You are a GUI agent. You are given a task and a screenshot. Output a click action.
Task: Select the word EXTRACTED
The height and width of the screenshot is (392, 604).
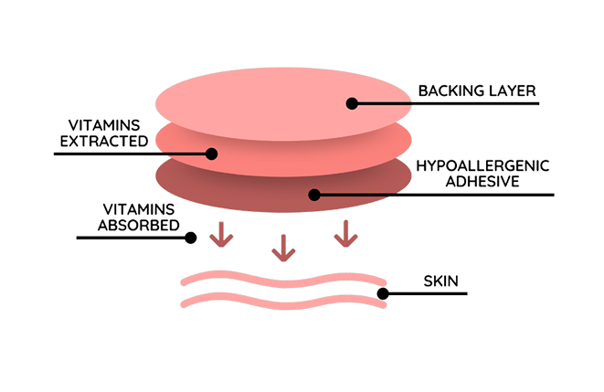(x=102, y=142)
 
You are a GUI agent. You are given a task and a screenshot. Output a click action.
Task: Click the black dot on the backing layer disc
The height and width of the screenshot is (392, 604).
(x=351, y=103)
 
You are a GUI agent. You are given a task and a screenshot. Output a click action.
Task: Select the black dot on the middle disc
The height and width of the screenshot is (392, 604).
(x=211, y=154)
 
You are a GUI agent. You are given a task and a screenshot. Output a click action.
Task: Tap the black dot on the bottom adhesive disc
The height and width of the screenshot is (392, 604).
(x=313, y=194)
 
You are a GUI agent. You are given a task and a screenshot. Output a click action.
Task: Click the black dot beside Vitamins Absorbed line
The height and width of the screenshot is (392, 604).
(x=191, y=238)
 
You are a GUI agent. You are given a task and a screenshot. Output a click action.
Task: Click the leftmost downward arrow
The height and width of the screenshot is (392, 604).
(x=218, y=237)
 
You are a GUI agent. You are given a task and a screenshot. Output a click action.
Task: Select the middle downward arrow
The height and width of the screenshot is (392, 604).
(x=282, y=247)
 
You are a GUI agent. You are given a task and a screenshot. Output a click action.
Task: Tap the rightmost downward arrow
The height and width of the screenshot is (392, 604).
(x=344, y=237)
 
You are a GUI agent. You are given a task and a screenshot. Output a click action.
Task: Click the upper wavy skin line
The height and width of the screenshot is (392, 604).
(x=274, y=279)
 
